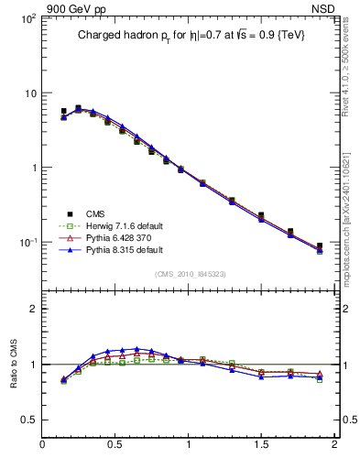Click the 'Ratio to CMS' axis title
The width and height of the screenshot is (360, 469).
point(14,365)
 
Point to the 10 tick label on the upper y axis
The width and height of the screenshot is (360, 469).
point(28,93)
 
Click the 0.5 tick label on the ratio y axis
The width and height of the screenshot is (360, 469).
point(27,420)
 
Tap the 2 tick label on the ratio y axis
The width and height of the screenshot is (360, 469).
point(32,309)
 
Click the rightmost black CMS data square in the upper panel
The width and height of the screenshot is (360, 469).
point(320,245)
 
